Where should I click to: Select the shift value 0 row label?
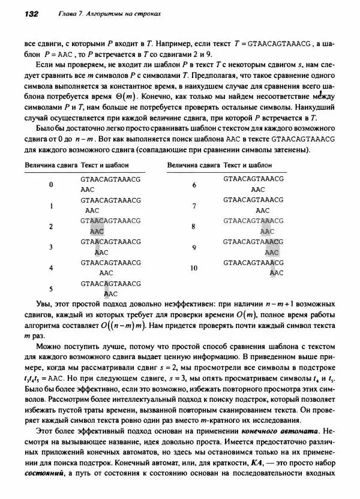[x=51, y=184]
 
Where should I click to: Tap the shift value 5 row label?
[x=51, y=288]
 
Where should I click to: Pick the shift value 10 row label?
[x=194, y=268]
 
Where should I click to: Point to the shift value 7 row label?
[x=194, y=206]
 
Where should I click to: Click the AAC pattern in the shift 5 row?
[x=111, y=293]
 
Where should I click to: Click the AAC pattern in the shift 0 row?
[x=88, y=189]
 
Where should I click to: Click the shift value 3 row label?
[x=51, y=247]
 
